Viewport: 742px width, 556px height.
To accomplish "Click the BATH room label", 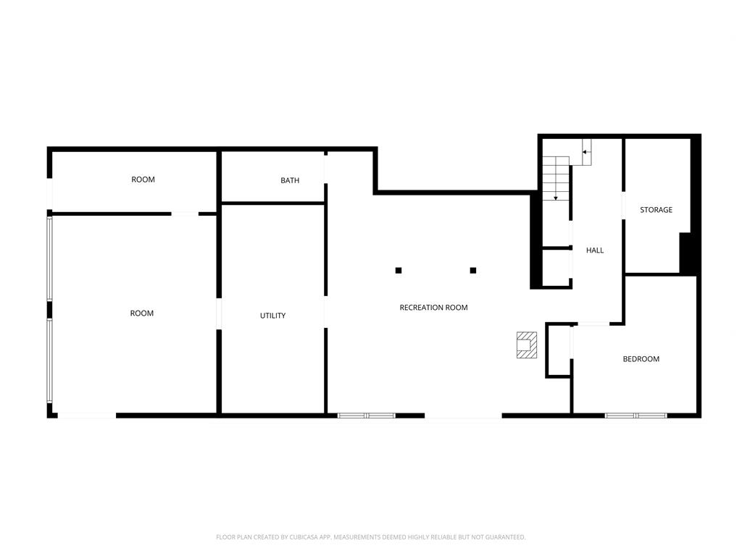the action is pos(290,180).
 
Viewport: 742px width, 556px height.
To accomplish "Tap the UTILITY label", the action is pos(272,316).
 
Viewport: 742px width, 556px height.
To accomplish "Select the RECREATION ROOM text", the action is pos(433,307).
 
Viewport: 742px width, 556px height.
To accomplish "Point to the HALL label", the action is pos(595,250).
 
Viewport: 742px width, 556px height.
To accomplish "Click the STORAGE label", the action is pos(656,209).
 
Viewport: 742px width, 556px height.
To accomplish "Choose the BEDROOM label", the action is pos(641,359).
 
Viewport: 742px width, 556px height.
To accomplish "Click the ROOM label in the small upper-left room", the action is pos(143,180).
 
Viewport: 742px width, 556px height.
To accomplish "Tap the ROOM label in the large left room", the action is pos(141,313).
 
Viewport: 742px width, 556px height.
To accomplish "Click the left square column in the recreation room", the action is pos(399,271).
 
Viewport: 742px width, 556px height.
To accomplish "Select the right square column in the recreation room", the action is pos(472,271).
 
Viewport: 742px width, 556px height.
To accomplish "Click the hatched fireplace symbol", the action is pos(527,345).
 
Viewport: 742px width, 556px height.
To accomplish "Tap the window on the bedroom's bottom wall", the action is pos(635,416).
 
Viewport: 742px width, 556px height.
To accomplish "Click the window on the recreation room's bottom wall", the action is pos(366,416).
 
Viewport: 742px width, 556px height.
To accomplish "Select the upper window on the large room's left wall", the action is pos(49,258).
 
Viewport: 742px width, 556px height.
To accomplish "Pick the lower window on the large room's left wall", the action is pos(49,361).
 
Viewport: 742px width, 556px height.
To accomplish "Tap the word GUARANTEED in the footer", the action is pos(507,537).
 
